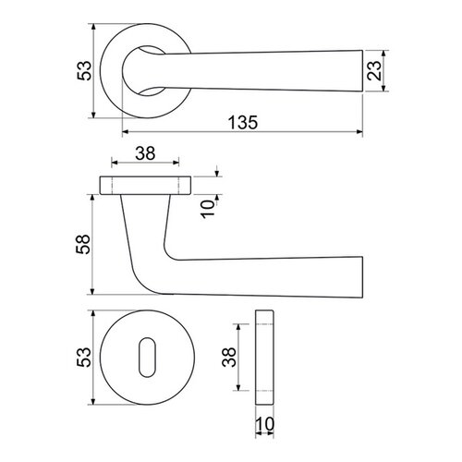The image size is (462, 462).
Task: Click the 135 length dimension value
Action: click(243, 122)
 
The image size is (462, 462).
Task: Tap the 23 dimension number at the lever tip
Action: click(374, 70)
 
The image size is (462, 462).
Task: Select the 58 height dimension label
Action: click(83, 244)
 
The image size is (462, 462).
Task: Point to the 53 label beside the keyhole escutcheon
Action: click(84, 358)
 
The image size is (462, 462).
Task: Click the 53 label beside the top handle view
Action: click(84, 71)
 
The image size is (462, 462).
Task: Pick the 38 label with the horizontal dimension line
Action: click(145, 153)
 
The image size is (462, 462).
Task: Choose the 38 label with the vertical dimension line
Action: click(229, 358)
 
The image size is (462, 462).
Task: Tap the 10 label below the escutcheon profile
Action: click(264, 424)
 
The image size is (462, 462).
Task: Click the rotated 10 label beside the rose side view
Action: click(208, 209)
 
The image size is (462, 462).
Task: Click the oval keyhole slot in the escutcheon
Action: click(147, 358)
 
